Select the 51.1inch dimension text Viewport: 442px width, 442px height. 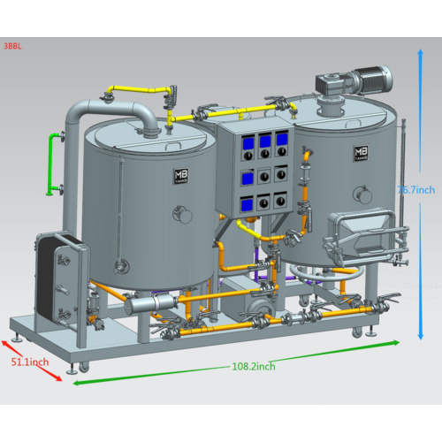28,362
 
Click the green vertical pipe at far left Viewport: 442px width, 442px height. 55,164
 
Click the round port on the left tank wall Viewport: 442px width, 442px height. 181,214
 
